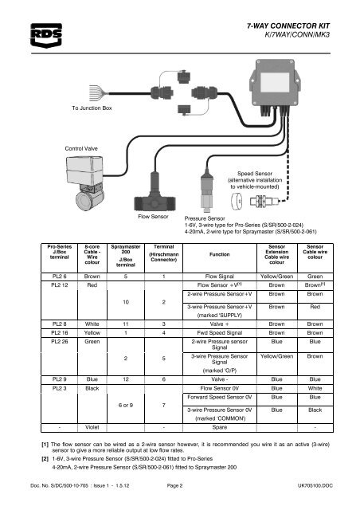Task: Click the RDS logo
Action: (46, 35)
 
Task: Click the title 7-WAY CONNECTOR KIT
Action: (288, 26)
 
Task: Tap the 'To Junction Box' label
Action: (92, 108)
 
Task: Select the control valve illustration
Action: (85, 183)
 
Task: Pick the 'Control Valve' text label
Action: (81, 149)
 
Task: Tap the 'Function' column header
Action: (220, 254)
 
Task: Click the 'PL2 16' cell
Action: (59, 333)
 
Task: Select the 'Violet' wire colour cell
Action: (92, 427)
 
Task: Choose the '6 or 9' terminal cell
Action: (126, 406)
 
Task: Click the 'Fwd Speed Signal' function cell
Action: (220, 333)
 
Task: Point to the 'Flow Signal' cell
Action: (220, 277)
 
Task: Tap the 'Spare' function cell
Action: (220, 427)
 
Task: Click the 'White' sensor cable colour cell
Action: (315, 388)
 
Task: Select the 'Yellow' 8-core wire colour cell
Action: (92, 333)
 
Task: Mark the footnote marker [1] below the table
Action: (45, 445)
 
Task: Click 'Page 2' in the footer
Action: (174, 485)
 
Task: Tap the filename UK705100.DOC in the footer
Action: (315, 485)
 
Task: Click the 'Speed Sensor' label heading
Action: (255, 174)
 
